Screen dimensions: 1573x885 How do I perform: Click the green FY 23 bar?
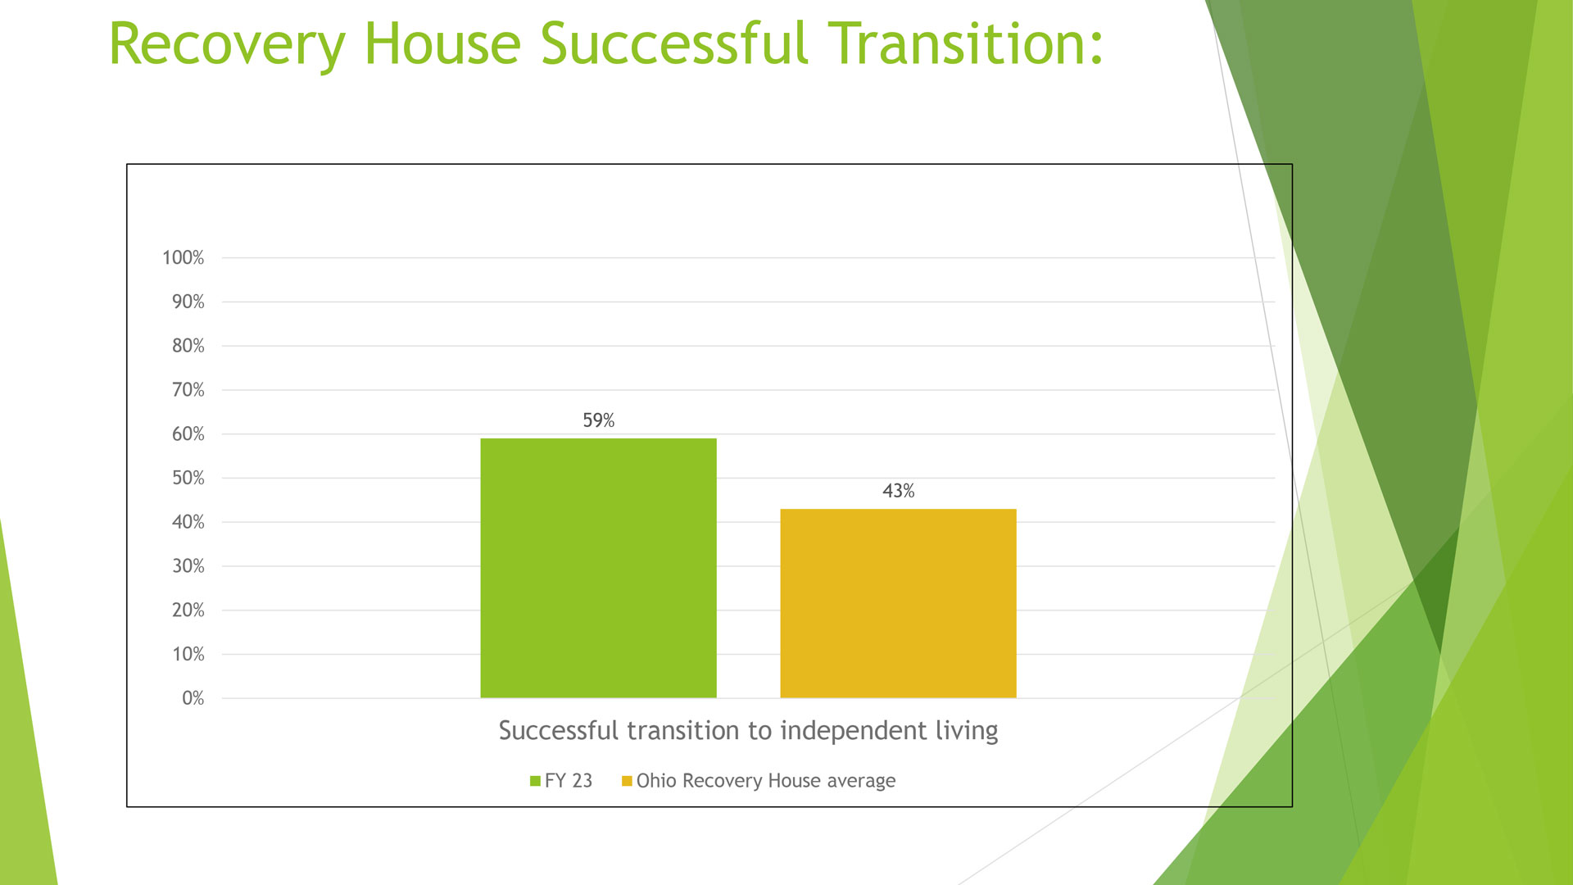pos(598,568)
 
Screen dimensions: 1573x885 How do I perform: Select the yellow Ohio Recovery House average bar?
pos(898,603)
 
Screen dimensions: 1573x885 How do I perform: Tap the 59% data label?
pos(598,420)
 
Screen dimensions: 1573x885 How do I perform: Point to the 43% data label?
pos(898,491)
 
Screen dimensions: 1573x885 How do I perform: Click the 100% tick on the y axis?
pos(183,258)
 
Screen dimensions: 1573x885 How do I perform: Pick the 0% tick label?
pos(193,698)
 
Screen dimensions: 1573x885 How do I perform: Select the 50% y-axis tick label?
pos(188,478)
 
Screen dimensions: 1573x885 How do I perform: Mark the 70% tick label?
pos(188,390)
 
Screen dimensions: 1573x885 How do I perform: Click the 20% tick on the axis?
pos(188,610)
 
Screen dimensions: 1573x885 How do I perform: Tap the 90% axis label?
pos(188,302)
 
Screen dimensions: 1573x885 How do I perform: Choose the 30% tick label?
pos(188,566)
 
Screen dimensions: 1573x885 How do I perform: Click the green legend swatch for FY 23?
pos(535,781)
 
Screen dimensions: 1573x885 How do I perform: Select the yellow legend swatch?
pos(627,781)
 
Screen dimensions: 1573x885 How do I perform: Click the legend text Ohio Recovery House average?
pos(766,781)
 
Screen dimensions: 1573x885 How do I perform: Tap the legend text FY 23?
pos(569,781)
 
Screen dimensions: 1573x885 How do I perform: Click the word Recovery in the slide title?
pos(228,46)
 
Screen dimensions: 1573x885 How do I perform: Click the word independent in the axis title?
pos(855,731)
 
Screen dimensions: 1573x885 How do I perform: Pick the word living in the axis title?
pos(968,731)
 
